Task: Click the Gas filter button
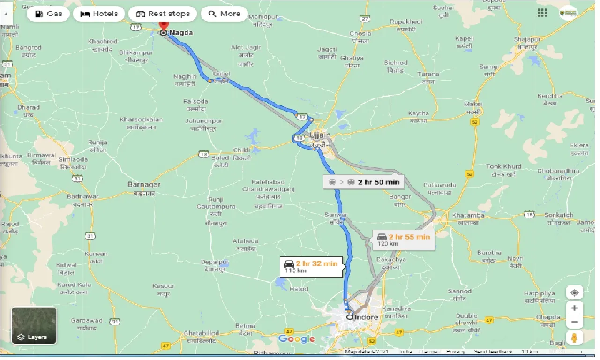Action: click(48, 14)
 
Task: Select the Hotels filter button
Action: click(99, 14)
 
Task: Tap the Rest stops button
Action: click(163, 14)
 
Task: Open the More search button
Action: click(224, 14)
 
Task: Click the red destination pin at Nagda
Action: click(164, 26)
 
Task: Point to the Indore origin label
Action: click(366, 317)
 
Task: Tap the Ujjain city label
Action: click(320, 135)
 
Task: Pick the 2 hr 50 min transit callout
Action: click(364, 182)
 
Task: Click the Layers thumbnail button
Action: click(34, 325)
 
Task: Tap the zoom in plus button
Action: click(574, 308)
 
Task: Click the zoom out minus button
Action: click(574, 322)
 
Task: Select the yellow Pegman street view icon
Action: click(574, 337)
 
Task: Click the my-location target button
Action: click(574, 293)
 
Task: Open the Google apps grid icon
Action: click(543, 13)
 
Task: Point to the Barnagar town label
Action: click(144, 185)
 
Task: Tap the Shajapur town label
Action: click(527, 39)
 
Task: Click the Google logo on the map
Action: click(297, 339)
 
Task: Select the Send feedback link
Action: click(493, 352)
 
